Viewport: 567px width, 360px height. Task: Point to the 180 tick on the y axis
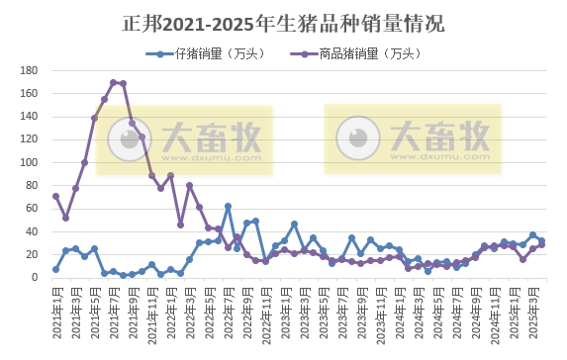29,70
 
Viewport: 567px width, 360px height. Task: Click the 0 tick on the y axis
35,277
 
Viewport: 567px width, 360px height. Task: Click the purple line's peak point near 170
114,82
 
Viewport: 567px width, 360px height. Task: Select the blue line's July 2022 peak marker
229,207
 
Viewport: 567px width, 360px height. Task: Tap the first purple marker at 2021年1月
56,196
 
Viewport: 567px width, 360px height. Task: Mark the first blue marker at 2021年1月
56,269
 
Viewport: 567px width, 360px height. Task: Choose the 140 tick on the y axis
29,117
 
